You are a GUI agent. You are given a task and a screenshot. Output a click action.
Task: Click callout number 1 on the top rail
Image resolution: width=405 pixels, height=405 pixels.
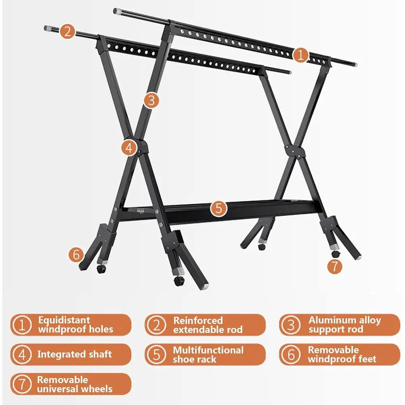tap(300, 55)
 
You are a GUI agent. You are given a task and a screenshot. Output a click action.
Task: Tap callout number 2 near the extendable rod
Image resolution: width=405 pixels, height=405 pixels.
tap(68, 32)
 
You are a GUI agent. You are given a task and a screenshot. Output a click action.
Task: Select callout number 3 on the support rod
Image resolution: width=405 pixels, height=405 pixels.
tap(151, 100)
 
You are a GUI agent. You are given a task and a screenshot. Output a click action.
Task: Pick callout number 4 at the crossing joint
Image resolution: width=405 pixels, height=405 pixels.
tap(128, 148)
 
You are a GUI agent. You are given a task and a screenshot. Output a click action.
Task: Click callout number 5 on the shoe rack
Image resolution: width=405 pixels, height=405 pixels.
tap(218, 209)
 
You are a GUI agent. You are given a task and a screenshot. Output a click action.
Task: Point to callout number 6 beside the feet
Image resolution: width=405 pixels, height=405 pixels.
tap(76, 255)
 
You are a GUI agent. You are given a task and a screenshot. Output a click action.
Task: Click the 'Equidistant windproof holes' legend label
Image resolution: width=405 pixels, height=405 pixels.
tap(75, 325)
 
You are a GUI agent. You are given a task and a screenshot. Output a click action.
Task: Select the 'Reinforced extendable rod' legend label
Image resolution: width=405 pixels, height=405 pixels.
tap(208, 325)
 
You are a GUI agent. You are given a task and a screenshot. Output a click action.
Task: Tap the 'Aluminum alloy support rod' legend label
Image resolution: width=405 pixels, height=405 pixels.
tap(344, 325)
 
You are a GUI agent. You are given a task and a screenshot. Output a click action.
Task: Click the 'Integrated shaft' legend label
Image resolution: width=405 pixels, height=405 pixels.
tap(75, 355)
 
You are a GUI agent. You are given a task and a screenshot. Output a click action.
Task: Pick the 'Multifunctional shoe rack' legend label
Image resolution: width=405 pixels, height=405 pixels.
tap(208, 355)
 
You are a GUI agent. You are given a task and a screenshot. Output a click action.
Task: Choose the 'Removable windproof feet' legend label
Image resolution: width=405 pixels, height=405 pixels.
tap(342, 355)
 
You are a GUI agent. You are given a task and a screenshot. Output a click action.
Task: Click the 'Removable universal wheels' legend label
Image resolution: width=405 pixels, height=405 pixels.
tap(75, 384)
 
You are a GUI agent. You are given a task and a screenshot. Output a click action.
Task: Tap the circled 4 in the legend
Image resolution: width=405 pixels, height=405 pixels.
tap(23, 355)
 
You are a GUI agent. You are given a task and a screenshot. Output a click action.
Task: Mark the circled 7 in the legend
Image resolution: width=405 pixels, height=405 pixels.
tap(23, 384)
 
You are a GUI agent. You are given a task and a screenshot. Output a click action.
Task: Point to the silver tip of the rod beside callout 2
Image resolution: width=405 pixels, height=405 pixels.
tap(47, 28)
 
